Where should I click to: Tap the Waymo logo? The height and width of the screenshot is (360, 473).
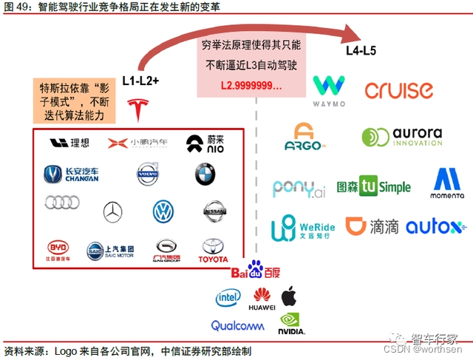click(x=328, y=91)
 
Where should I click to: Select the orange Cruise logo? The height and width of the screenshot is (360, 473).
click(x=398, y=91)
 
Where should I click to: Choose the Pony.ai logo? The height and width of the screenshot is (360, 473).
click(x=299, y=189)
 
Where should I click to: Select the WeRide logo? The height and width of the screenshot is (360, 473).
click(x=302, y=228)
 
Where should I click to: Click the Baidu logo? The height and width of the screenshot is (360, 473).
click(x=255, y=271)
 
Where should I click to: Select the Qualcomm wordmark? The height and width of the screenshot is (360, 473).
click(x=237, y=325)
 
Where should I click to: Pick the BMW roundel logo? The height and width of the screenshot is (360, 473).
click(x=205, y=175)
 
